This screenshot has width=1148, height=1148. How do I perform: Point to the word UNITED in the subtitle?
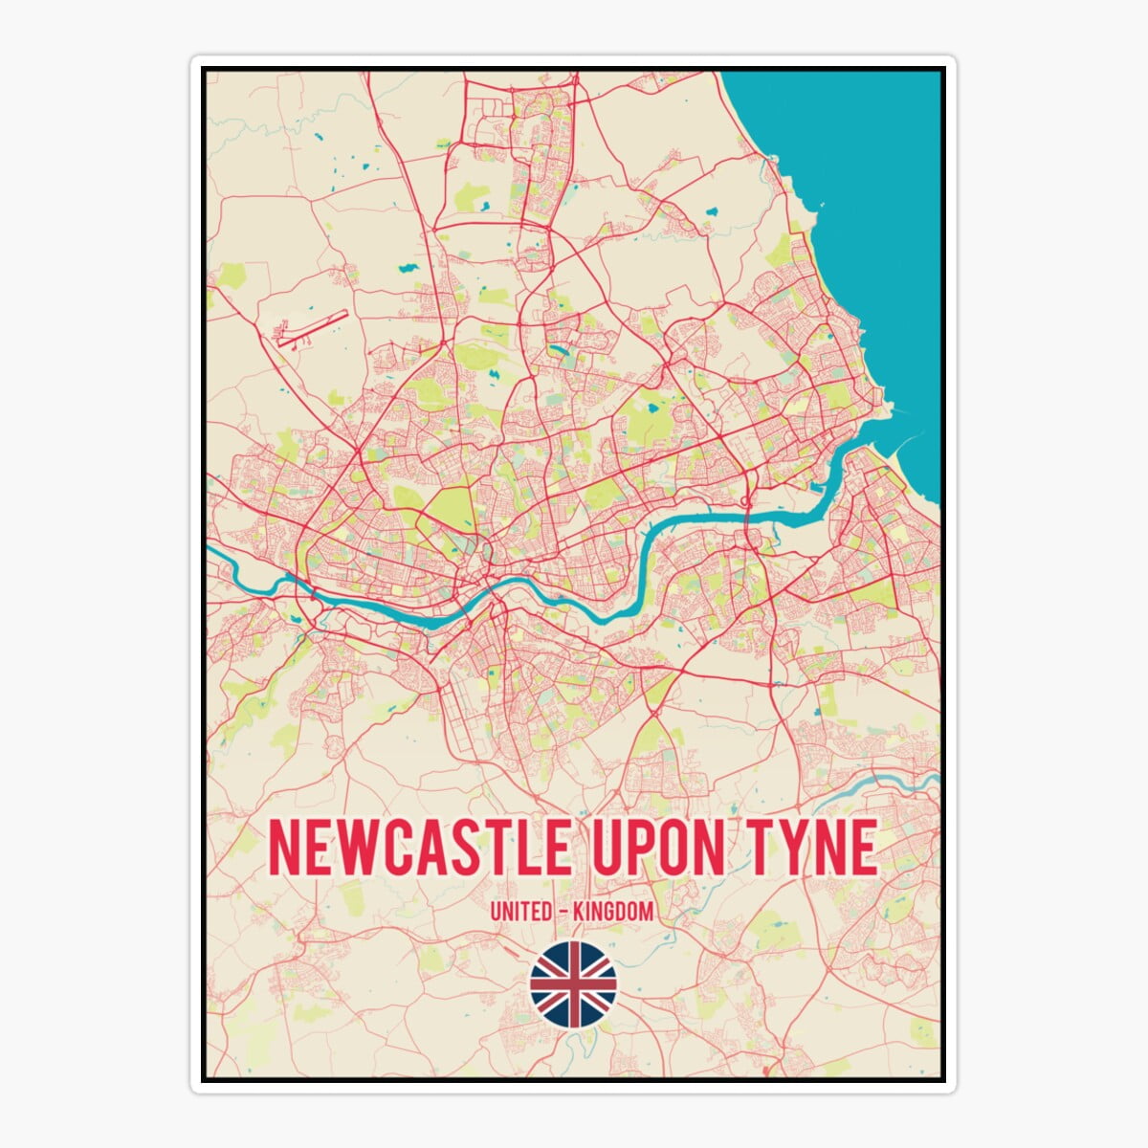[519, 912]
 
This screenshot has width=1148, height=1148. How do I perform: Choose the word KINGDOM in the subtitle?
[613, 912]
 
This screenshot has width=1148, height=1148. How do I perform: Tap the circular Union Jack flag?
[573, 983]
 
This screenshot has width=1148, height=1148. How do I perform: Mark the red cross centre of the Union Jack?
[573, 983]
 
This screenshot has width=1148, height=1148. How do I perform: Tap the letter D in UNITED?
[547, 912]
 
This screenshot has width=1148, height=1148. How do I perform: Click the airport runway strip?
[311, 327]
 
